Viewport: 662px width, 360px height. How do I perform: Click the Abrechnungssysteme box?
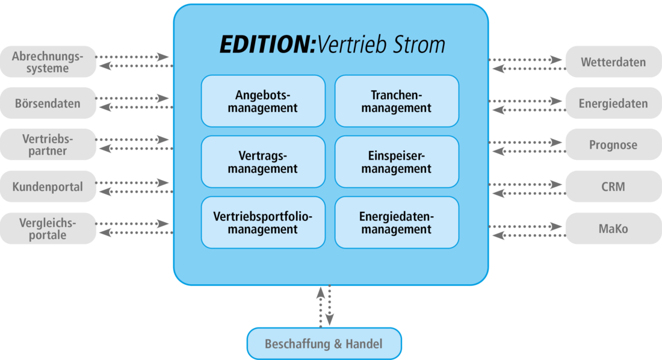[48, 61]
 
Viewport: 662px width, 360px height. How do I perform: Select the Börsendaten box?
[48, 103]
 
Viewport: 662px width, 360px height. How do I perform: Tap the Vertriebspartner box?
[48, 144]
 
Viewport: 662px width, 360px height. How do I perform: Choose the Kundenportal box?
[48, 187]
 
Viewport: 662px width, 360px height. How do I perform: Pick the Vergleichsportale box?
[48, 228]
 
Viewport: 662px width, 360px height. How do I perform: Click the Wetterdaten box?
[613, 61]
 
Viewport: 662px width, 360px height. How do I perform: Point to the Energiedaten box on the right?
[613, 103]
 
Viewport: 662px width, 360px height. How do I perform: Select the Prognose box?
[613, 144]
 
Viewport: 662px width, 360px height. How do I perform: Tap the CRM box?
[613, 187]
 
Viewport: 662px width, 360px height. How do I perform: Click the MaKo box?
[613, 228]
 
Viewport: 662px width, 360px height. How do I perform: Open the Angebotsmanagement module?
[263, 101]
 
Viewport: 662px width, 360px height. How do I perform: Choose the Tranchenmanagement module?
[397, 101]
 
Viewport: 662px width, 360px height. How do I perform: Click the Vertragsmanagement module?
[263, 162]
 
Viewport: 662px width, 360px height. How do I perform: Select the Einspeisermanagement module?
[397, 162]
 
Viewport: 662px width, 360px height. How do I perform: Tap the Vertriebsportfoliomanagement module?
[263, 222]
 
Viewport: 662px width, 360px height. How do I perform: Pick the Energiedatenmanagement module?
[397, 222]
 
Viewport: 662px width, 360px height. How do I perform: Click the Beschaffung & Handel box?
[324, 344]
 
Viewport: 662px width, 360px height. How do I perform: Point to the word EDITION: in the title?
[268, 45]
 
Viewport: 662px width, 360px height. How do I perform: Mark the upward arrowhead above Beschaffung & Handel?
[321, 293]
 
